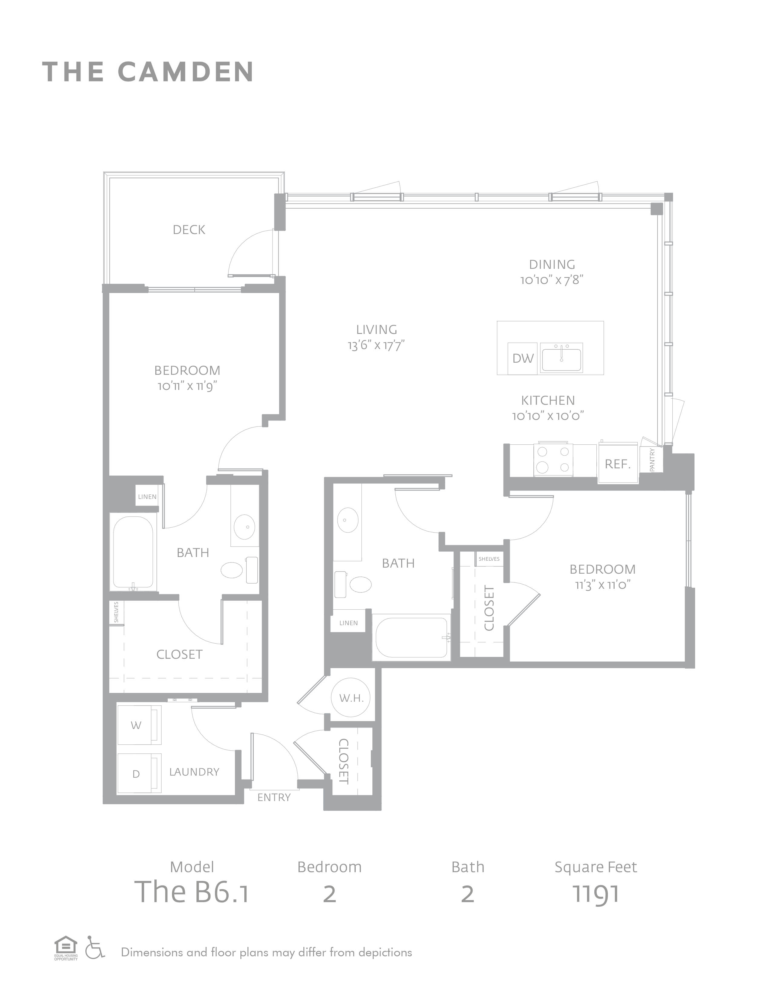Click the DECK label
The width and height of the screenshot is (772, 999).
coord(189,230)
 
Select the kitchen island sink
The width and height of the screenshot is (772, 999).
coord(561,358)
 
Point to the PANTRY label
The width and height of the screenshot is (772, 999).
coord(652,460)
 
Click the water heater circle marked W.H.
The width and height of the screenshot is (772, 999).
coord(351,698)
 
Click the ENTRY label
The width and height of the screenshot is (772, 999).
coord(274,798)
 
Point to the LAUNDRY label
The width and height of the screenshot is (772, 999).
coord(194,772)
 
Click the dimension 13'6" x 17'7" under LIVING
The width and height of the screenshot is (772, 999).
coord(376,345)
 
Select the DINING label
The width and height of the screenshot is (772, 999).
coord(552,264)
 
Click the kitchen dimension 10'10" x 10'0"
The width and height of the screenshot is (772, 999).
coord(548,416)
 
